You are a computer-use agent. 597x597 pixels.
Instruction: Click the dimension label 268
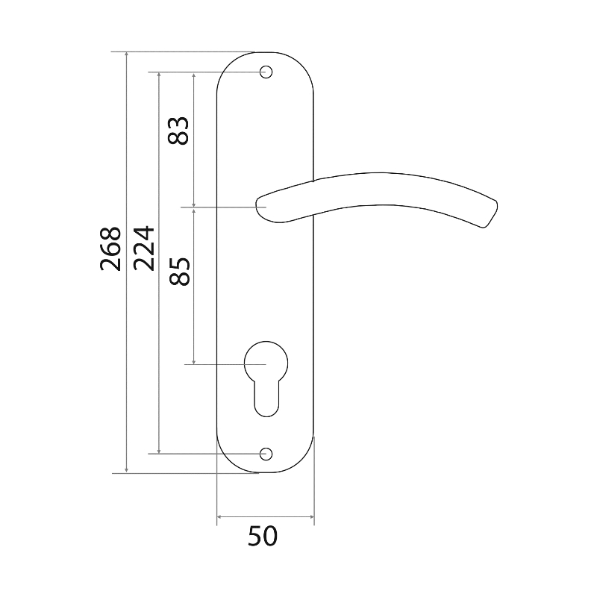click(x=110, y=249)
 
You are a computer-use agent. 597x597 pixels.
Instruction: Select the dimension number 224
click(x=144, y=249)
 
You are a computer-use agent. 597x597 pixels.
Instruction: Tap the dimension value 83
click(x=178, y=131)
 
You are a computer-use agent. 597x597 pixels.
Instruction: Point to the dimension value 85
click(x=179, y=272)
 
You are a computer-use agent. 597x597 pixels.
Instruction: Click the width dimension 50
click(x=263, y=536)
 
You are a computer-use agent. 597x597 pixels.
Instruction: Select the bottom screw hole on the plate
click(x=266, y=454)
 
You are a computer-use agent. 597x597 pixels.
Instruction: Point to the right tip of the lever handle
click(x=496, y=201)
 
